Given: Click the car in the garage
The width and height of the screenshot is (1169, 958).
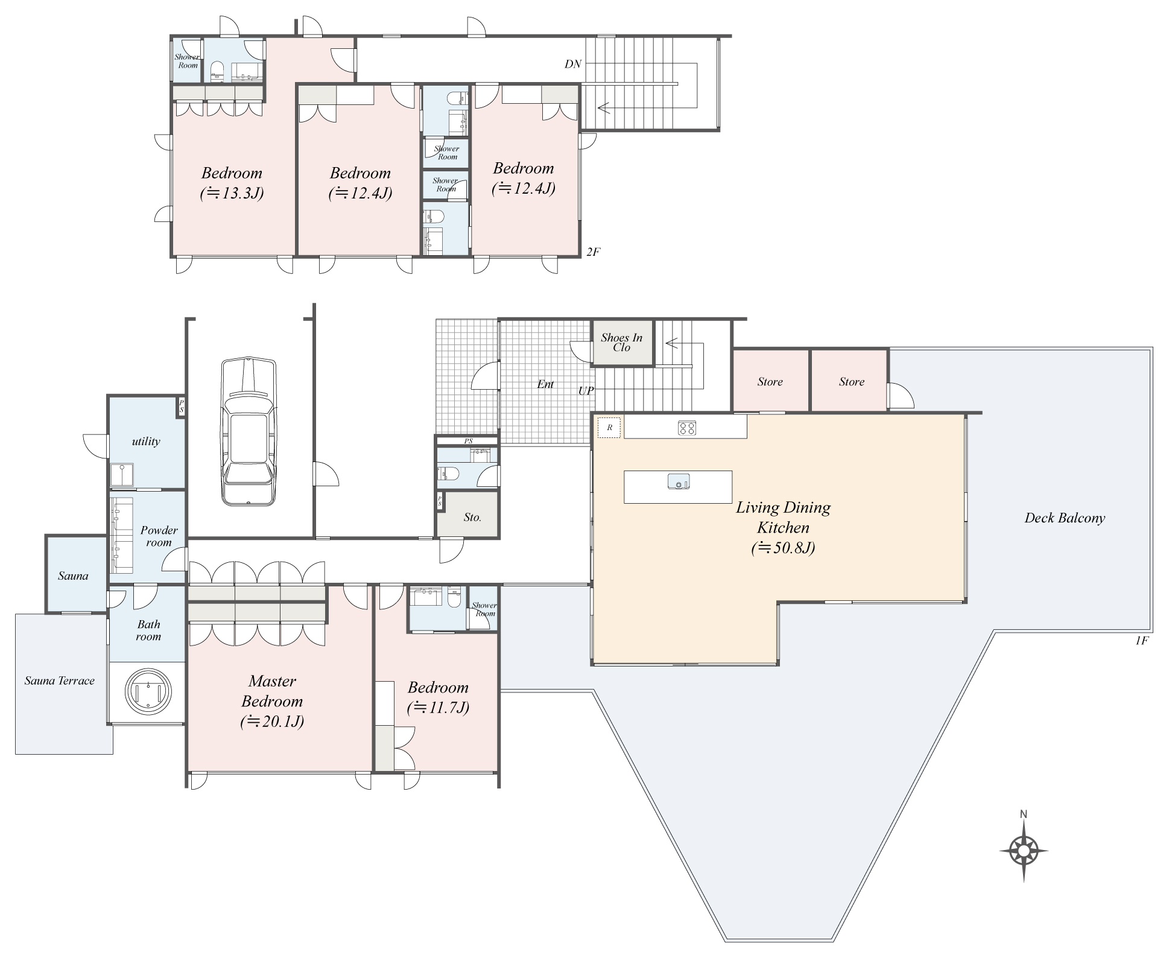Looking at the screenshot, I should point(249,431).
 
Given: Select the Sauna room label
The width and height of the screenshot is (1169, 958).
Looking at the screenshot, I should point(73,576).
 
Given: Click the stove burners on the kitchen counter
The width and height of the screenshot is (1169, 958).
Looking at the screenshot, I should point(687,428).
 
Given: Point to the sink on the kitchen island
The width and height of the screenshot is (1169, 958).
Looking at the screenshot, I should point(679,482).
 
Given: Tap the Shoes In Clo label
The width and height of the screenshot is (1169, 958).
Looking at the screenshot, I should point(621,343).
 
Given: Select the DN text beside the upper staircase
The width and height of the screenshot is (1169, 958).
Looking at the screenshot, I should point(573,64).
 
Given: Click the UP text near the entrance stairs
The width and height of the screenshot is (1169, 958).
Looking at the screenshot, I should point(586,391).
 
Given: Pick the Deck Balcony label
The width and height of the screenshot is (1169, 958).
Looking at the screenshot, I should point(1065,518).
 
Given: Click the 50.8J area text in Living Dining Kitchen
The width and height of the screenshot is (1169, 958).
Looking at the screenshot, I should point(783,548).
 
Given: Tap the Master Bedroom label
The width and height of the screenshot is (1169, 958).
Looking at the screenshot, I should point(272,691).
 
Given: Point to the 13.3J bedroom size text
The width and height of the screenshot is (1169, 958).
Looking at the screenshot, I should point(232,193).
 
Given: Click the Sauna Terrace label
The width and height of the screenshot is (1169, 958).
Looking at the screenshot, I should point(60,681).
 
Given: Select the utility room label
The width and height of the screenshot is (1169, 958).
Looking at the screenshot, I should point(146,442).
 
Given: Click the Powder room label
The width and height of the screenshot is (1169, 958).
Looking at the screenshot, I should point(159,536).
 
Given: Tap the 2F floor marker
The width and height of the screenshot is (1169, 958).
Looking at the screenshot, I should point(593,252).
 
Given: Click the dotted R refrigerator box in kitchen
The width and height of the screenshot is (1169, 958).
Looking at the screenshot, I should point(609,428).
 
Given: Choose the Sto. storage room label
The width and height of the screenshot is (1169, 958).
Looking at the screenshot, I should point(472,518).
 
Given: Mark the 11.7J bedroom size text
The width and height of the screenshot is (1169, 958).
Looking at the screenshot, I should point(438,708).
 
